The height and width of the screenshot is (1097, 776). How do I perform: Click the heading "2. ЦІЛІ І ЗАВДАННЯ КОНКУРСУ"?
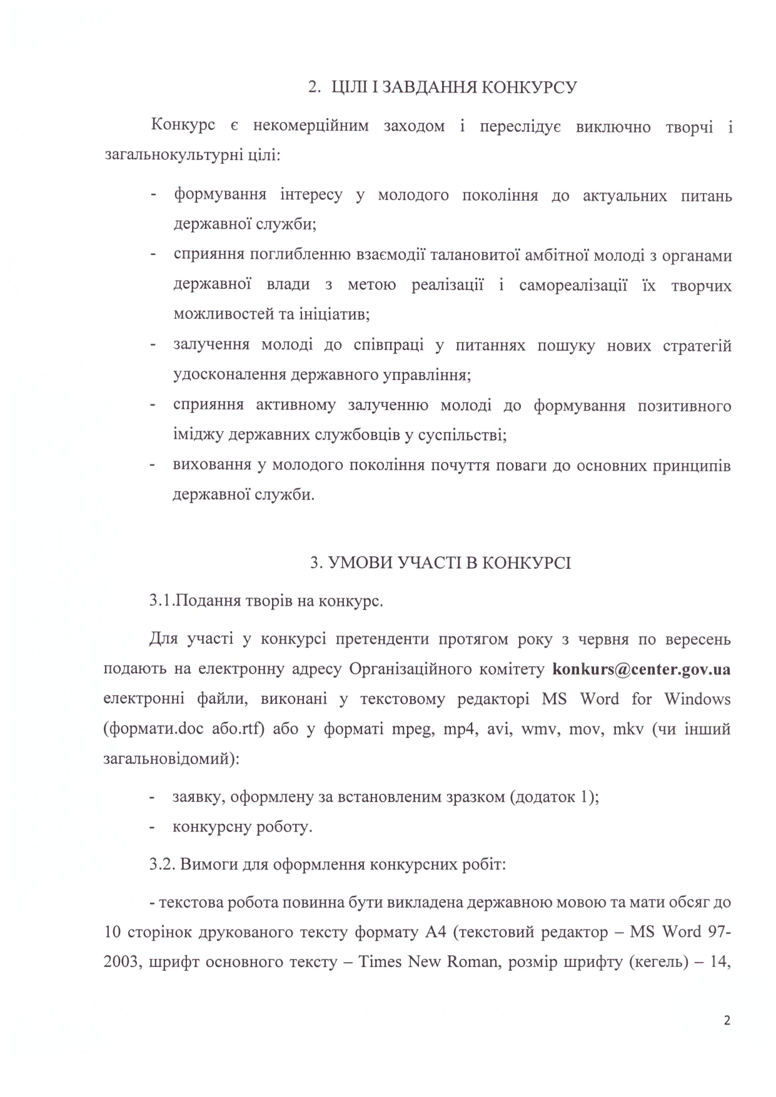tap(441, 87)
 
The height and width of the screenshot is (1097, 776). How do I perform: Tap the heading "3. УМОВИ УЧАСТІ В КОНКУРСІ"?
tap(440, 563)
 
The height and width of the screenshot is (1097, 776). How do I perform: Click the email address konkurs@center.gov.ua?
tap(642, 669)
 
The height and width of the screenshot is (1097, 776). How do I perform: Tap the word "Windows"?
tap(697, 698)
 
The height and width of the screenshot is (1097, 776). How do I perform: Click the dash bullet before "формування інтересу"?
tap(153, 195)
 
